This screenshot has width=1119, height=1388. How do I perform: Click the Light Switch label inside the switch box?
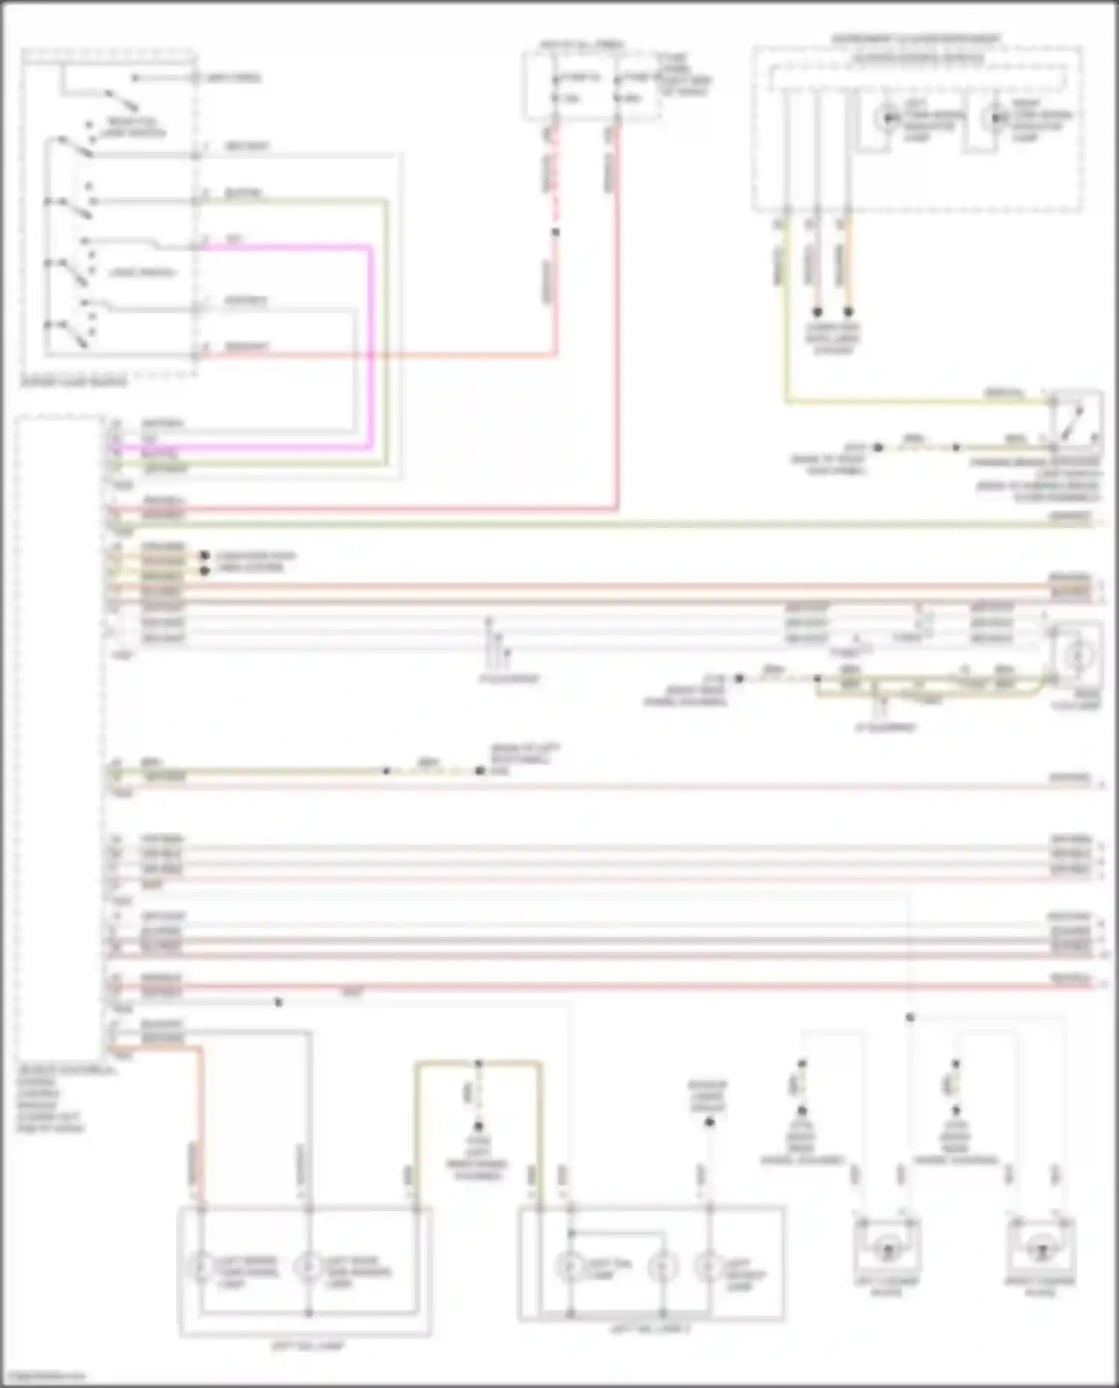tap(142, 273)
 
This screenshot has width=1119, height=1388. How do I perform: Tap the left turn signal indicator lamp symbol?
tap(888, 118)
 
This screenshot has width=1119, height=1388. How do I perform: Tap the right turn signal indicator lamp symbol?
tap(994, 118)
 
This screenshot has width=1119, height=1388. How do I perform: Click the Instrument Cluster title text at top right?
tap(917, 38)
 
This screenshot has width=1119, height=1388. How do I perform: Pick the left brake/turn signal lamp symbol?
tap(201, 1268)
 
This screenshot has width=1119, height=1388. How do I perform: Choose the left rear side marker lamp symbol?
tap(307, 1268)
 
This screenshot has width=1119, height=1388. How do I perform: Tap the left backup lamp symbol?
tap(709, 1267)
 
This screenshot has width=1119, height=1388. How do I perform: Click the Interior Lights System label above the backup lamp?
tap(707, 1096)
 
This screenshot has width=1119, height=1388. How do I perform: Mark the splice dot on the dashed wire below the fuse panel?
tap(555, 233)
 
